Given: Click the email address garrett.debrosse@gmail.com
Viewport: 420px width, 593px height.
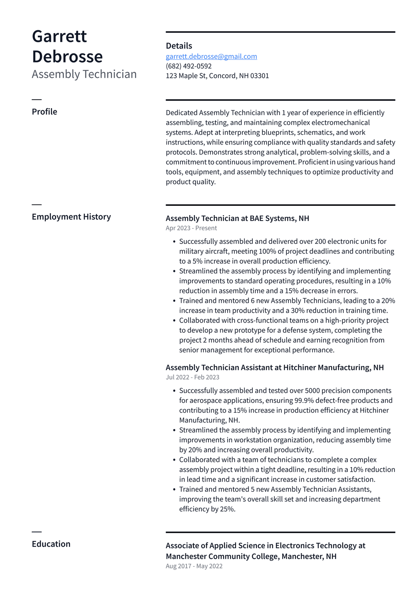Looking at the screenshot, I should (x=211, y=57).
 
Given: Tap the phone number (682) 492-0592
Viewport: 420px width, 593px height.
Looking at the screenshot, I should (x=189, y=66).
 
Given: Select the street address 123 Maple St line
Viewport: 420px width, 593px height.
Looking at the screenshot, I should (x=217, y=76).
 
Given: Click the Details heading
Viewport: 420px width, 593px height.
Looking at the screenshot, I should (x=179, y=46).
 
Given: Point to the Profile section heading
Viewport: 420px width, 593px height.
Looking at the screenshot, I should (x=44, y=112).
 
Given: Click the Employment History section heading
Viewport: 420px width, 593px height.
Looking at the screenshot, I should (x=71, y=217).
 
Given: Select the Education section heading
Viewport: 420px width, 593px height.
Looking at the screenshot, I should (x=51, y=544).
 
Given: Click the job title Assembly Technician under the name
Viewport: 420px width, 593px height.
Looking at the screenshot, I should (x=84, y=74).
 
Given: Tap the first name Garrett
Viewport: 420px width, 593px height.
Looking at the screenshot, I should (x=59, y=36).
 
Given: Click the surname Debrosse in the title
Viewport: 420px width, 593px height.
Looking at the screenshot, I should (x=67, y=57).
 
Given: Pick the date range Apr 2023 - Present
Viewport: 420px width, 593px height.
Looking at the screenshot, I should (x=191, y=228).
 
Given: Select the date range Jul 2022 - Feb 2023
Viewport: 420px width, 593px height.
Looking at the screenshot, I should (x=192, y=377).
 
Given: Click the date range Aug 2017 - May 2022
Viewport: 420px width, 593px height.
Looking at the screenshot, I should (x=194, y=566).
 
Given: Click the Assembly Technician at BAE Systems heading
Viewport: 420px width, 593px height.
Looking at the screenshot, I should (x=237, y=218).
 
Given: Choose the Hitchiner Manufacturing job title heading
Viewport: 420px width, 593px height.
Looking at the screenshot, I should (x=274, y=368).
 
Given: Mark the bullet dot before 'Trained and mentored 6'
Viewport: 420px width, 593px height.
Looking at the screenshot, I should (x=174, y=301).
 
